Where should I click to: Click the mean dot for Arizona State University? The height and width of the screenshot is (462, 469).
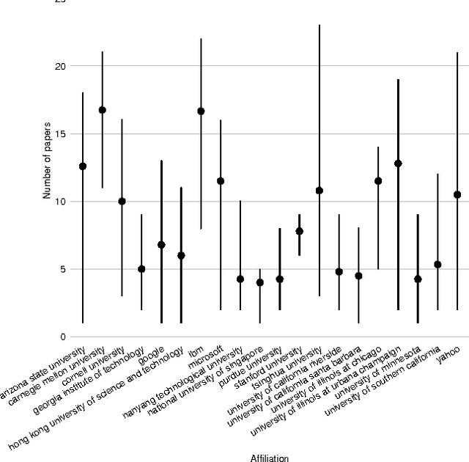click(x=83, y=166)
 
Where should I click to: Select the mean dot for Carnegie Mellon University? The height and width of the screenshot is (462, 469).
click(x=103, y=110)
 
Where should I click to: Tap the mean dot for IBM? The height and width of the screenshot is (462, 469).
click(x=201, y=111)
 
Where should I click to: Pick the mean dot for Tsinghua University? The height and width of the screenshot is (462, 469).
click(x=319, y=191)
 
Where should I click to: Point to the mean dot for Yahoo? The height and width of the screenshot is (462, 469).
click(x=457, y=194)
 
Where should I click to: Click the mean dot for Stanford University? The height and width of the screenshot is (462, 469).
click(x=299, y=231)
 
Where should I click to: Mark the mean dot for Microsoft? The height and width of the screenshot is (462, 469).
click(x=221, y=181)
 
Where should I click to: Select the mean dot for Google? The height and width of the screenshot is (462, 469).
click(x=161, y=245)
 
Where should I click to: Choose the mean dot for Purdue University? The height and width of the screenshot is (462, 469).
click(x=279, y=279)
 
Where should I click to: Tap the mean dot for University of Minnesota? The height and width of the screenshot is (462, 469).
click(x=418, y=279)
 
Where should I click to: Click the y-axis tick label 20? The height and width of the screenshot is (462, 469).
click(x=60, y=67)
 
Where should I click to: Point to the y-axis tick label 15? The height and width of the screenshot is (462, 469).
click(x=60, y=134)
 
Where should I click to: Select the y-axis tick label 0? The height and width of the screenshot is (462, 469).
click(x=62, y=337)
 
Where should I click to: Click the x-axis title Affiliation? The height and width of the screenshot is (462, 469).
click(x=269, y=458)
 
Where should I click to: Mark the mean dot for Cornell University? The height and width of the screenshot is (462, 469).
click(x=122, y=201)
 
